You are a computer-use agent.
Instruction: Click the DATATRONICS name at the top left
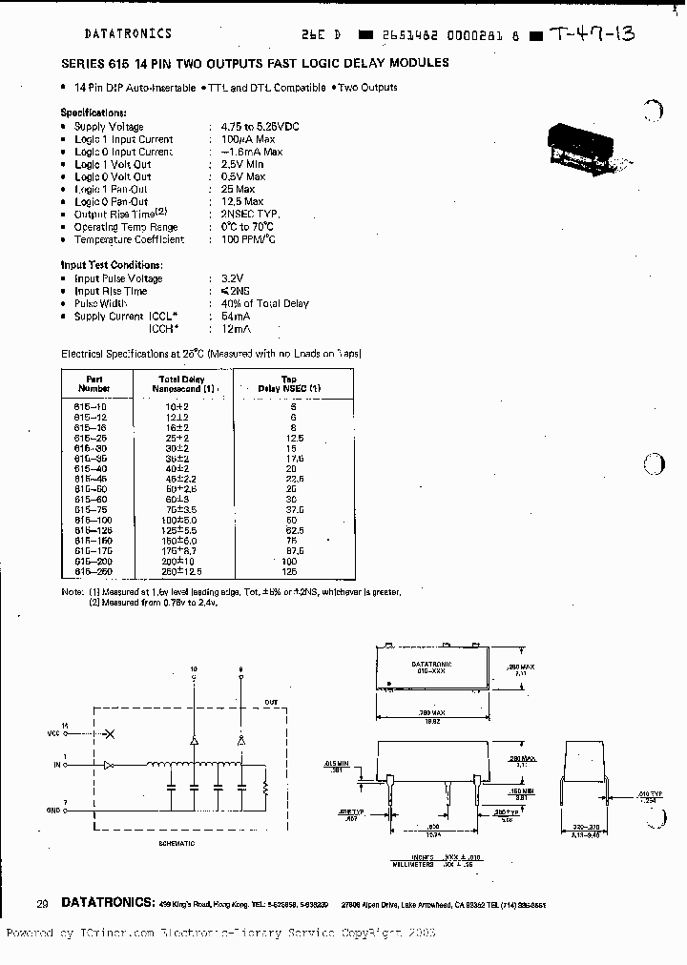128,33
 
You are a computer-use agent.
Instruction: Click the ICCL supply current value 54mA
236,316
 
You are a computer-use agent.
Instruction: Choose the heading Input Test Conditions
112,265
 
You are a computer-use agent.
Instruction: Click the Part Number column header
94,383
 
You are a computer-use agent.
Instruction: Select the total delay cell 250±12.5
182,572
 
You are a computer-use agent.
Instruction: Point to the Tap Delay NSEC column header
289,383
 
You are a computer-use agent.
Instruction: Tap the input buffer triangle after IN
109,764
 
